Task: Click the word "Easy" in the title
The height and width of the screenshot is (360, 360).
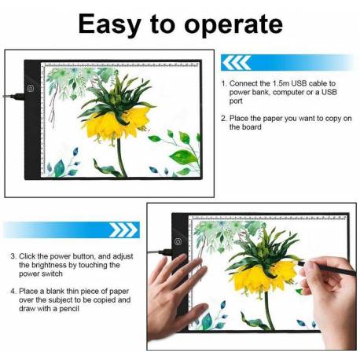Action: click(109, 25)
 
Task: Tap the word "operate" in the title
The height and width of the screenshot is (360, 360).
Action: click(233, 24)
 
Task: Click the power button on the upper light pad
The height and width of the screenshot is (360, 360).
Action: click(31, 89)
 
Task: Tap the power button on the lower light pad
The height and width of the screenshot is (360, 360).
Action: click(178, 241)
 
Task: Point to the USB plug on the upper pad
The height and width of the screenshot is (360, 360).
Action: click(14, 97)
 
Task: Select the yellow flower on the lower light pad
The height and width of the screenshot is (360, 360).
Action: click(264, 277)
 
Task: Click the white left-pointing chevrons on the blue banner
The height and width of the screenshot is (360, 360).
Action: click(236, 63)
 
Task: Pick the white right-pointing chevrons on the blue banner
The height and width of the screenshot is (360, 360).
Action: click(123, 230)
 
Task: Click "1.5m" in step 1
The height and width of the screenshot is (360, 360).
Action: click(281, 83)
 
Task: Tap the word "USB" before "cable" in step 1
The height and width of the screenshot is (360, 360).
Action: click(299, 83)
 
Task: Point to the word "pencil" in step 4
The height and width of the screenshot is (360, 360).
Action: click(69, 309)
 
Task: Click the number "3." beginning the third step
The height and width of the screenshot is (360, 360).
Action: click(14, 256)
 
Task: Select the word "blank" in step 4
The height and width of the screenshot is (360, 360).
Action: click(55, 291)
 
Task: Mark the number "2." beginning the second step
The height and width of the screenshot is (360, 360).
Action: click(224, 119)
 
